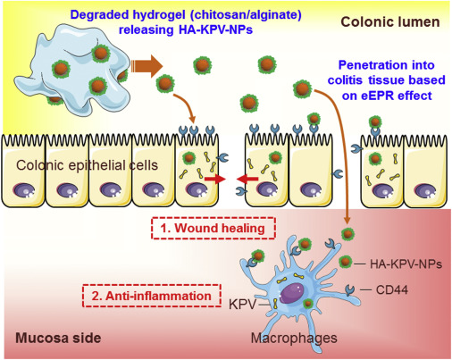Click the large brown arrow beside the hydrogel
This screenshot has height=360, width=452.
(x=149, y=65)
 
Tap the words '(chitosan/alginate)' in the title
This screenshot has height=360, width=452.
(x=222, y=11)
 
